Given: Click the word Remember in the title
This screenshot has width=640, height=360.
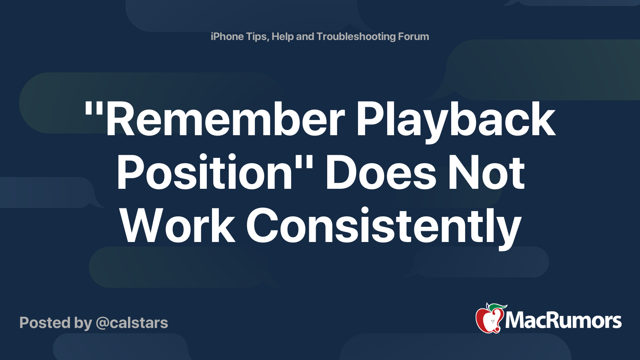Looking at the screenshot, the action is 225,118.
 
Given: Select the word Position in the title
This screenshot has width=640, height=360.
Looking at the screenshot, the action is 204,172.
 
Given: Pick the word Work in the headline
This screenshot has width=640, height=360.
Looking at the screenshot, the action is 178,225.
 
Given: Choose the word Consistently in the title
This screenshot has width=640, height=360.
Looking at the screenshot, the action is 383,228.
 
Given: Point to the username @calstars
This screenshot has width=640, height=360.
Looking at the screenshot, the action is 132,323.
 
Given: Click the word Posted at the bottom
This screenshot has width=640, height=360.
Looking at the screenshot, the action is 45,323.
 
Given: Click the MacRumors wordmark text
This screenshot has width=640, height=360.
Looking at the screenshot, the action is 563,320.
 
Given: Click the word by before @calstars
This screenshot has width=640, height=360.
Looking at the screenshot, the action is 83,324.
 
